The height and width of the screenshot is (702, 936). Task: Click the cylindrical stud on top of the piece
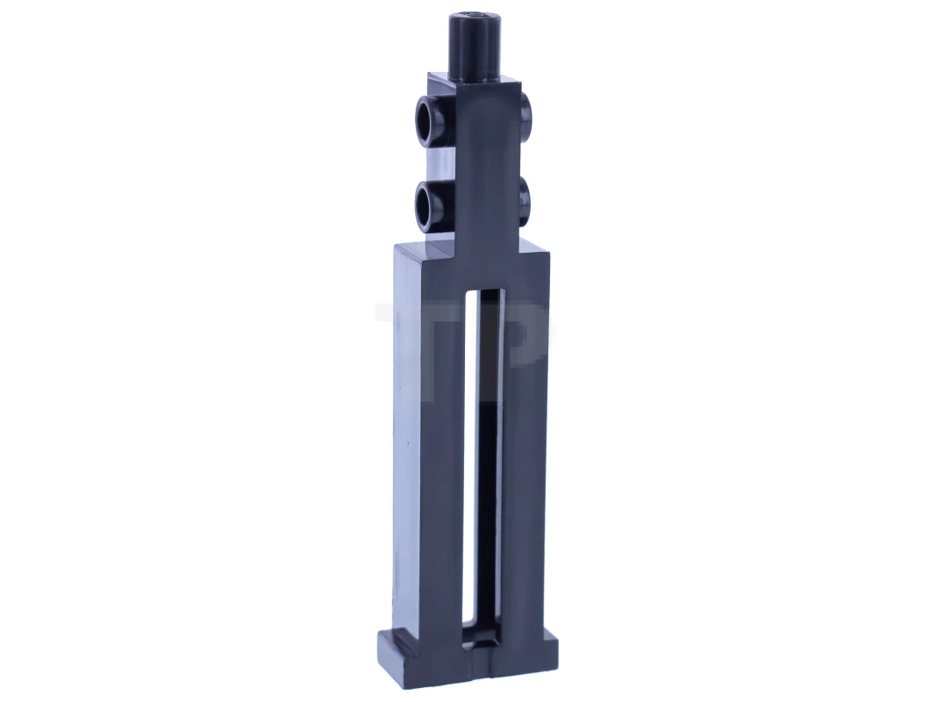click(471, 44)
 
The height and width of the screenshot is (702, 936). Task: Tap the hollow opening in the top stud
click(471, 17)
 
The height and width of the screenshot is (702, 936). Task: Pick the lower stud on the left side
click(429, 203)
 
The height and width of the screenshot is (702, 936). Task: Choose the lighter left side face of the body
click(405, 439)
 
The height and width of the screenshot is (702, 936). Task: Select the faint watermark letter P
click(526, 338)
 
